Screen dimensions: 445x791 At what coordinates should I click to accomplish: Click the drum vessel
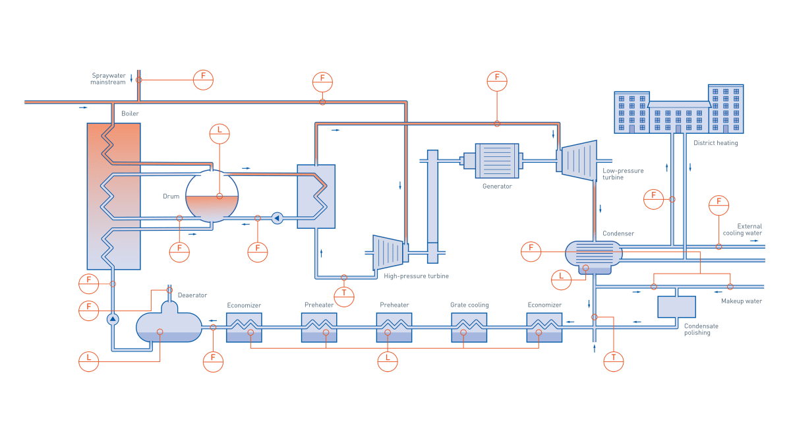click(212, 196)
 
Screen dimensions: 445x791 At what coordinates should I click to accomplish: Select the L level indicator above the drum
click(220, 133)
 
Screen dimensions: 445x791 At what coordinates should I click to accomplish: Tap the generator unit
click(496, 161)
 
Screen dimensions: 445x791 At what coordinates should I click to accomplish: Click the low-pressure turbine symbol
click(579, 161)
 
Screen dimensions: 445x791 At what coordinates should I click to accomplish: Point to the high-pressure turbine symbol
click(390, 252)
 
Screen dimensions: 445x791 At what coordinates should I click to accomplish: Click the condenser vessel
click(593, 254)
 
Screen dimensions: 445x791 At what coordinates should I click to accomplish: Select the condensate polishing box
click(676, 307)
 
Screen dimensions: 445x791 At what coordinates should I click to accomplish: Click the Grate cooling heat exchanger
click(469, 327)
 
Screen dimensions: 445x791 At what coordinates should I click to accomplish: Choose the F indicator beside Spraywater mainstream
click(203, 80)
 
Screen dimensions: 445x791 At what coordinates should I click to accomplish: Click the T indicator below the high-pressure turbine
click(344, 297)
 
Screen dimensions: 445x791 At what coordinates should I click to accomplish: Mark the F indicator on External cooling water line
click(718, 205)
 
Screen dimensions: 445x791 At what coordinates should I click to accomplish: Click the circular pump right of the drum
click(277, 218)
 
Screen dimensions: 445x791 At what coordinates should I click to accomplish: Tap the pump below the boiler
click(113, 319)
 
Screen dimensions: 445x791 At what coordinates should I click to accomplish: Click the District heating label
click(716, 143)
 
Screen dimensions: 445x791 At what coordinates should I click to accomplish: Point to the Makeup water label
click(742, 301)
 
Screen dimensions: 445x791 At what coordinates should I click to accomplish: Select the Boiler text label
click(130, 114)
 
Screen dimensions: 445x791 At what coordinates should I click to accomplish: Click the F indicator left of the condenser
click(531, 251)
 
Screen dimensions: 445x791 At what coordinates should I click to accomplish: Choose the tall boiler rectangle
click(113, 196)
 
